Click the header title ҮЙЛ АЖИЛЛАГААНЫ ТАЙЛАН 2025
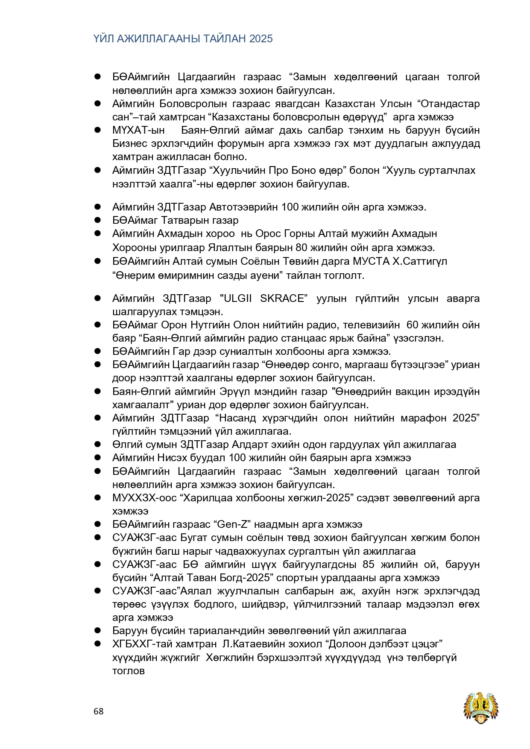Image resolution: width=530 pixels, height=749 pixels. (x=183, y=39)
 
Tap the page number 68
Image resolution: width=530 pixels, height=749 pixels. (x=99, y=711)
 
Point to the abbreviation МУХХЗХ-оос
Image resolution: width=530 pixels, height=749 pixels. (x=144, y=498)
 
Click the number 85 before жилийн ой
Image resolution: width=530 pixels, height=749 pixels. (x=369, y=565)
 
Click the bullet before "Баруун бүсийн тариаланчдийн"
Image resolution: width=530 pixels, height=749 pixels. (x=98, y=631)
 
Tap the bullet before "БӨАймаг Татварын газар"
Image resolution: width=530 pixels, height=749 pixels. (x=98, y=220)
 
